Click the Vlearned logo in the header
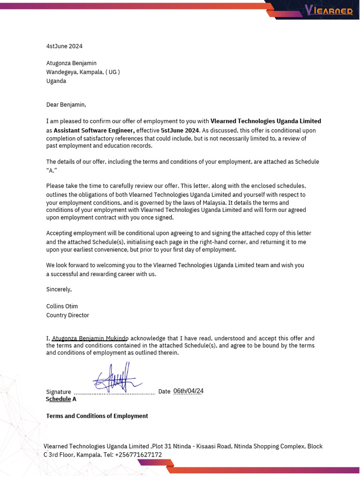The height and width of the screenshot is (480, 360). [328, 10]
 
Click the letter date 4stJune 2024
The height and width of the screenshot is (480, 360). [64, 46]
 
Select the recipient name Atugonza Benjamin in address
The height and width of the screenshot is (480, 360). [71, 63]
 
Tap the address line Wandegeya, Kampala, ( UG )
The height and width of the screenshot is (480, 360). [83, 72]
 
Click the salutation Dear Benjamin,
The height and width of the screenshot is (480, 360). [66, 105]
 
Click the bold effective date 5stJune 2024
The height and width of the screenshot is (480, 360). [180, 130]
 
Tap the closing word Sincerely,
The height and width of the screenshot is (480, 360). [59, 289]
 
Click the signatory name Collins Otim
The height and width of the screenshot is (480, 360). [62, 307]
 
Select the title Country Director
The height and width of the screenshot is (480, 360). [67, 315]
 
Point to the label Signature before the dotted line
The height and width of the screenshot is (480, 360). [59, 392]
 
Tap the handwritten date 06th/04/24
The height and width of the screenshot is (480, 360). [188, 391]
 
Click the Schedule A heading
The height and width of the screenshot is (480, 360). [61, 399]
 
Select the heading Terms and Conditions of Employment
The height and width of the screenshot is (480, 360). [97, 416]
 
